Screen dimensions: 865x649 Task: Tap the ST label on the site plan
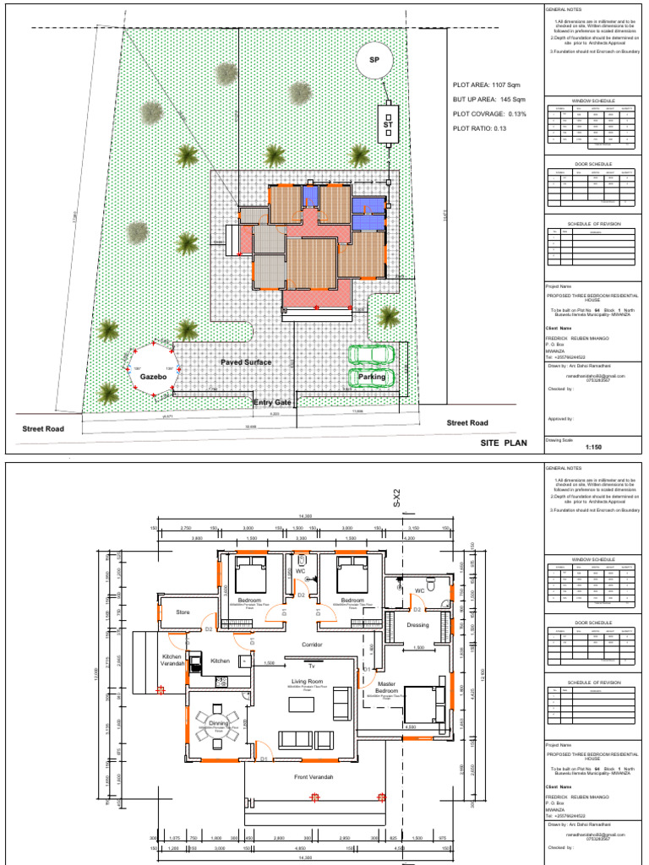pos(388,125)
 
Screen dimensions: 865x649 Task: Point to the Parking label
pos(372,377)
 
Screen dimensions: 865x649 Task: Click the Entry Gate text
pos(272,403)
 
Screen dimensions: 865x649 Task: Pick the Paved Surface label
pos(246,362)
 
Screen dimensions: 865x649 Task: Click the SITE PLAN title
pos(504,442)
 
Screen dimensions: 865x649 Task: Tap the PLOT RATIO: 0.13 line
pos(478,128)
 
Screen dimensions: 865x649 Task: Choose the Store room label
pos(183,612)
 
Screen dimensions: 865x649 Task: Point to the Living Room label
pos(308,680)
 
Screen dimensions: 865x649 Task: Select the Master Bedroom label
pos(385,687)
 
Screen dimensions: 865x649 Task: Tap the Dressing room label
pos(417,625)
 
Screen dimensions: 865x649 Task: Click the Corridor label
pos(314,644)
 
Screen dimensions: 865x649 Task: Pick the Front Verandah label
pos(313,776)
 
